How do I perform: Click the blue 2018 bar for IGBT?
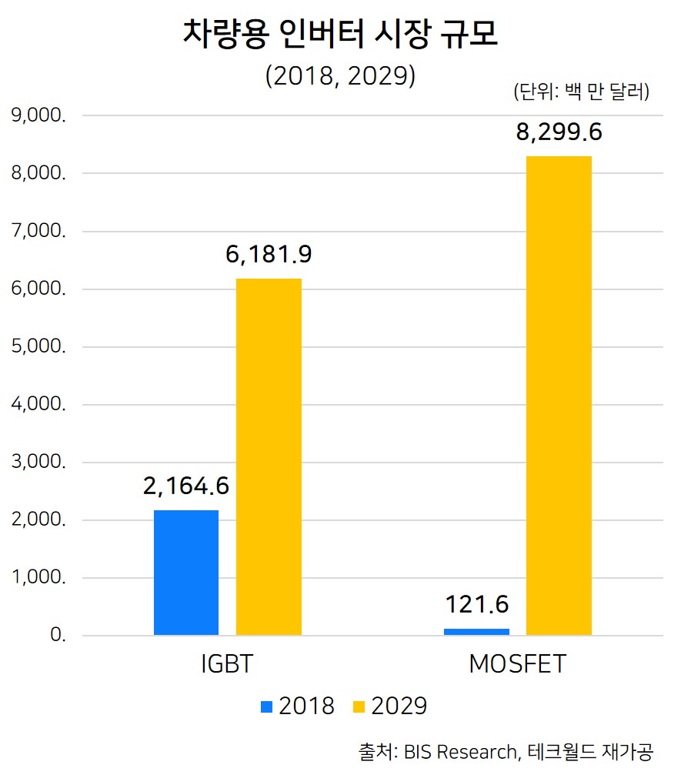(x=186, y=573)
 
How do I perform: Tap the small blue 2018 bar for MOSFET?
(x=477, y=632)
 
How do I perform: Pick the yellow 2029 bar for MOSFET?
(x=559, y=396)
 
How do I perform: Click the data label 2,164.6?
(x=186, y=486)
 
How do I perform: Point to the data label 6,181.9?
(x=269, y=254)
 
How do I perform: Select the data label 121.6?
(x=477, y=604)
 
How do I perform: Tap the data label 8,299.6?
(x=559, y=132)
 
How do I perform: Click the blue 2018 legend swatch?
(x=267, y=706)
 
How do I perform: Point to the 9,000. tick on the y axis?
(x=38, y=115)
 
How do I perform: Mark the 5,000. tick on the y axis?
(x=38, y=346)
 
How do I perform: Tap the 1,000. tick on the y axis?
(x=38, y=578)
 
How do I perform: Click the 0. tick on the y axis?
(x=58, y=636)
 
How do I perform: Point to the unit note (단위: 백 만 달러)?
(x=582, y=92)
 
